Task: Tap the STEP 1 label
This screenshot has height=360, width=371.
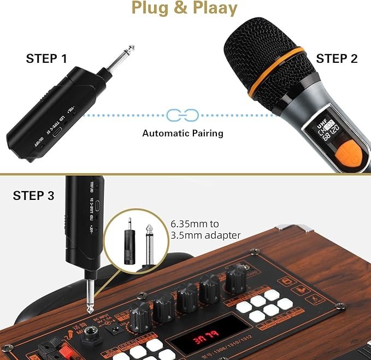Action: [x=46, y=59]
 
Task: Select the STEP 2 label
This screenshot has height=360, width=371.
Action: [x=337, y=59]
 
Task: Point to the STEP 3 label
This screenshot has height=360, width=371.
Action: [x=33, y=196]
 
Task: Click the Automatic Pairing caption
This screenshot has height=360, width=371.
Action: [x=182, y=133]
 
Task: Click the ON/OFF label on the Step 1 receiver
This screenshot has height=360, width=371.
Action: [x=37, y=141]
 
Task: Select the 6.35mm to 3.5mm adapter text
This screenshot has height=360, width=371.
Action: [x=205, y=230]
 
